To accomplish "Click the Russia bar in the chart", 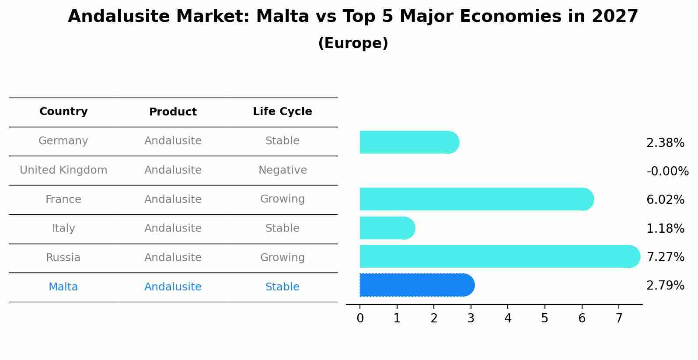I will click(499, 256).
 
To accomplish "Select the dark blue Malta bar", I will click(415, 285).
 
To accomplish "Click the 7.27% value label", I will click(665, 257).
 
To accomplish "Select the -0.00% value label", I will click(667, 171).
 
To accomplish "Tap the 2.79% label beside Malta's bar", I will click(665, 286).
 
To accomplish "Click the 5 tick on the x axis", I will click(544, 318).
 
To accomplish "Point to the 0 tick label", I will click(360, 318).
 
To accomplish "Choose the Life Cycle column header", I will click(282, 112).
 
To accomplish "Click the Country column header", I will click(63, 112).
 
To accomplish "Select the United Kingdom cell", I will click(63, 170).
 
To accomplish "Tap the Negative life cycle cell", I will click(282, 170).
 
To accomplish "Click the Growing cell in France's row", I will click(282, 199).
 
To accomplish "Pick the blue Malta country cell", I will click(63, 287).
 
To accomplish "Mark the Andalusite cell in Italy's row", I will click(173, 228).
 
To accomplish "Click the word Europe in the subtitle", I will click(353, 43).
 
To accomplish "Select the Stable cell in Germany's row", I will click(282, 141).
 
